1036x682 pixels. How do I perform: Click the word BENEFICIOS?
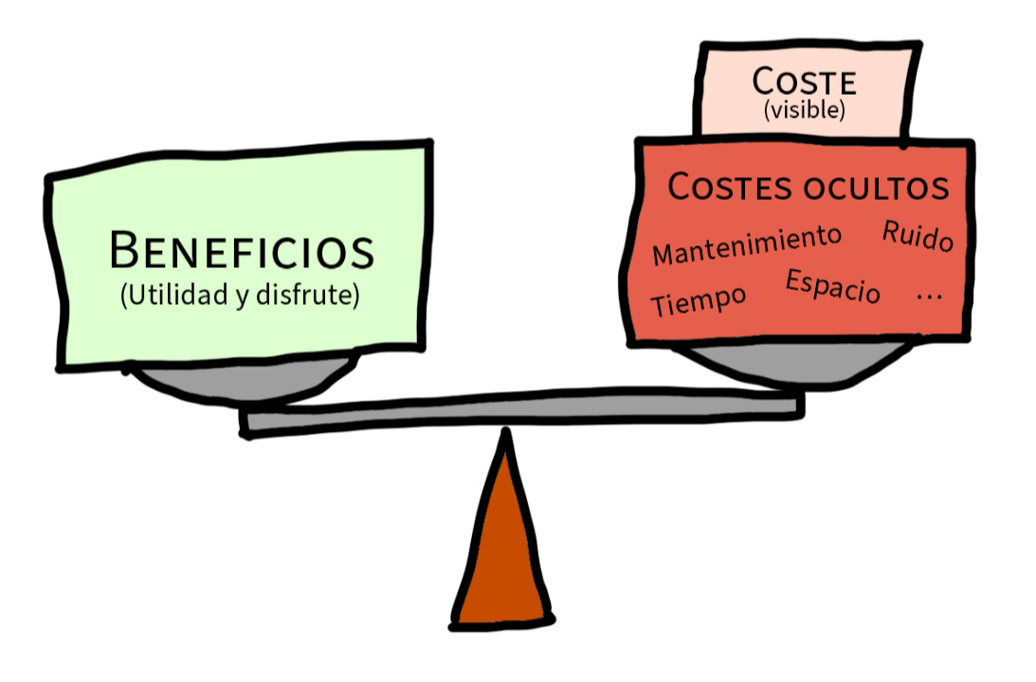point(243,251)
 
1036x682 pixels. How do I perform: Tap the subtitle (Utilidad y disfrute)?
point(240,296)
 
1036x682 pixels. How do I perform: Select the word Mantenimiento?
point(747,245)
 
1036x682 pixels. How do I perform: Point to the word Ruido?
point(918,236)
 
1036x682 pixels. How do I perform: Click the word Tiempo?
point(699,301)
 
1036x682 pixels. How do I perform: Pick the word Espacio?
point(832,286)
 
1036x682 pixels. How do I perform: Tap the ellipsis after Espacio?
point(929,296)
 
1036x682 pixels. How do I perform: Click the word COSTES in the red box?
point(730,187)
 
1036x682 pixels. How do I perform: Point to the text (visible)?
point(804,110)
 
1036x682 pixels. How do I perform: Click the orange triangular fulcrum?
point(502,559)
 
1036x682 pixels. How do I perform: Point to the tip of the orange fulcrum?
point(506,438)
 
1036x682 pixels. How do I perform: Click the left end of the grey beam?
point(248,422)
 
